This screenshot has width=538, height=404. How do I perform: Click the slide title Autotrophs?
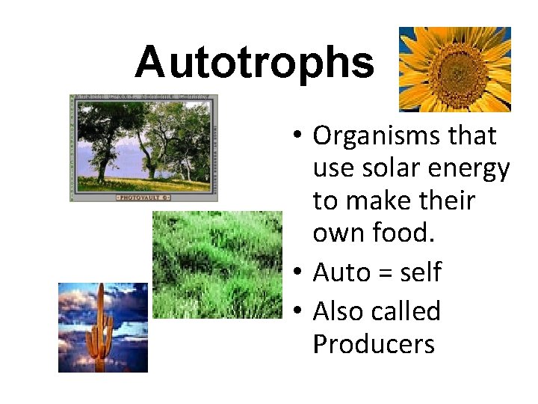pyautogui.click(x=254, y=62)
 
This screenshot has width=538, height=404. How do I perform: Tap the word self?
pyautogui.click(x=421, y=272)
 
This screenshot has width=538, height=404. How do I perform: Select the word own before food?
pyautogui.click(x=338, y=235)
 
